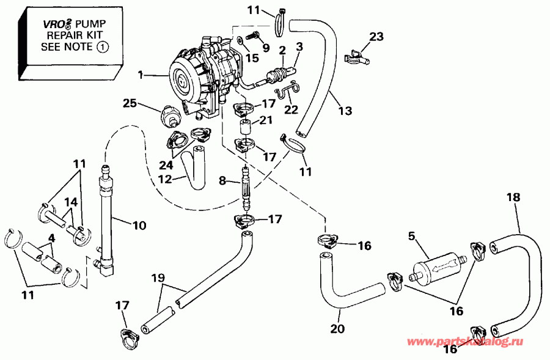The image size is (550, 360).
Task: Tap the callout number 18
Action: pos(513,197)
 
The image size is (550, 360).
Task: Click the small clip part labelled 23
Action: pos(356,58)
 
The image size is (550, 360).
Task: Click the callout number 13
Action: pos(345,111)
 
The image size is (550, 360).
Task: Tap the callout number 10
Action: pos(139,226)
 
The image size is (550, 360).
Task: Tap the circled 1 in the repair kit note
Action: pos(101,46)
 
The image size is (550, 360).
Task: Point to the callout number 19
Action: pos(158,277)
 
